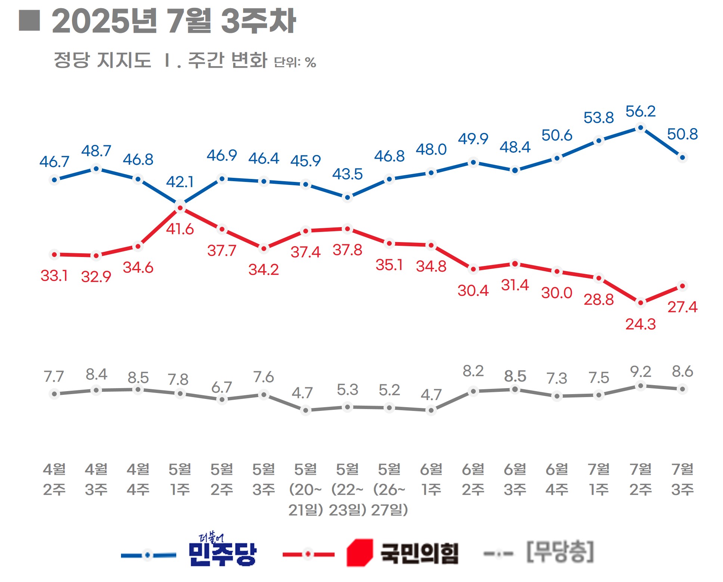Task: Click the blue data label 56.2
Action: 640,111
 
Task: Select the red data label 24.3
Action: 640,324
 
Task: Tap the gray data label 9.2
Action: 640,371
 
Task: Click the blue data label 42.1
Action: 180,182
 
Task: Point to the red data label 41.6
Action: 180,229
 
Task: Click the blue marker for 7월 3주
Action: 682,157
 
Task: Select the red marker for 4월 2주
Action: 55,255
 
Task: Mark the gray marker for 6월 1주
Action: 431,410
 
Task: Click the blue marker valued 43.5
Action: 347,197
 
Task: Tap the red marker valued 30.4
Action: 473,269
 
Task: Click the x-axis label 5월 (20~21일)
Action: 305,489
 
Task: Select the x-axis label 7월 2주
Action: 640,479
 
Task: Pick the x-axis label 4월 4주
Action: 138,479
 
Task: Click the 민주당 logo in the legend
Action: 223,550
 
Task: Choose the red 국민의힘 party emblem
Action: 359,552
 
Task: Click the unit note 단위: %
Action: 295,62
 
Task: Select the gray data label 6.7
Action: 221,387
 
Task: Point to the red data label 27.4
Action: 682,307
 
